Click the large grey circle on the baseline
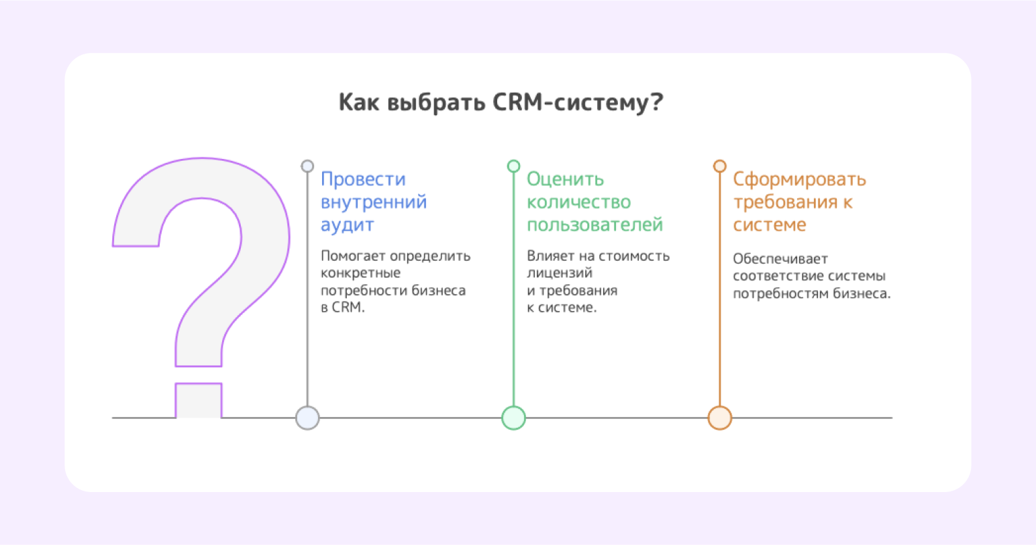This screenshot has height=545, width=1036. (x=307, y=418)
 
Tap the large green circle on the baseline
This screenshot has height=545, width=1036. (x=513, y=418)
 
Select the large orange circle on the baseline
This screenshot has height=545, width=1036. (x=720, y=418)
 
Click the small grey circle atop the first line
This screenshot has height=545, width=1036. (x=307, y=166)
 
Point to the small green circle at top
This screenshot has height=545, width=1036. (x=513, y=166)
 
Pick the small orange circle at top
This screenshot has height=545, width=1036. (x=720, y=166)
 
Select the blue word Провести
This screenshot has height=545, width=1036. (x=363, y=180)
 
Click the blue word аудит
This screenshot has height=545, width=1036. (x=348, y=225)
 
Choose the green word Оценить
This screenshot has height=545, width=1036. (x=565, y=179)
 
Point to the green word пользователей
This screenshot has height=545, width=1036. (x=594, y=225)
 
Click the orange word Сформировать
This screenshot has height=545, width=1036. (x=799, y=180)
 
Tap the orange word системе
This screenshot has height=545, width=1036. (x=770, y=225)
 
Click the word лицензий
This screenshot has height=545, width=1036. (x=560, y=274)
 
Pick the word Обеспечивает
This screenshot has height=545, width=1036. (x=780, y=258)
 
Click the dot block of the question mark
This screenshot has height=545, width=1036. (x=199, y=400)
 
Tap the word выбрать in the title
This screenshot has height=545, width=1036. (x=436, y=102)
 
